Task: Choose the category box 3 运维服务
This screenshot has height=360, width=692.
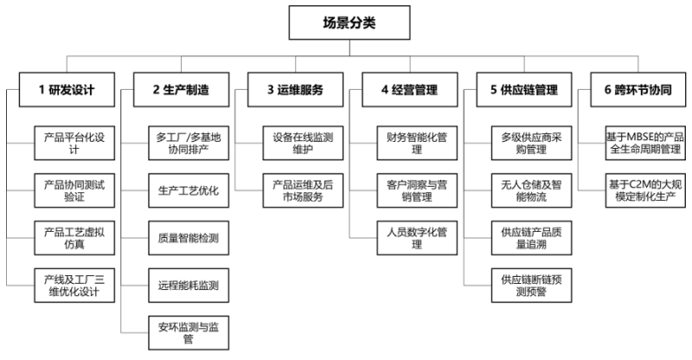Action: point(295,89)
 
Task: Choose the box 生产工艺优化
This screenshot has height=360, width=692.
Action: point(187,190)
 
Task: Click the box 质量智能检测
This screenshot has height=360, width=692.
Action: point(187,236)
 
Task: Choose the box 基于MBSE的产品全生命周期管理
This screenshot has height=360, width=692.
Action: point(645,143)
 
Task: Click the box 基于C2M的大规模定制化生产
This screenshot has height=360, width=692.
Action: point(645,190)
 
